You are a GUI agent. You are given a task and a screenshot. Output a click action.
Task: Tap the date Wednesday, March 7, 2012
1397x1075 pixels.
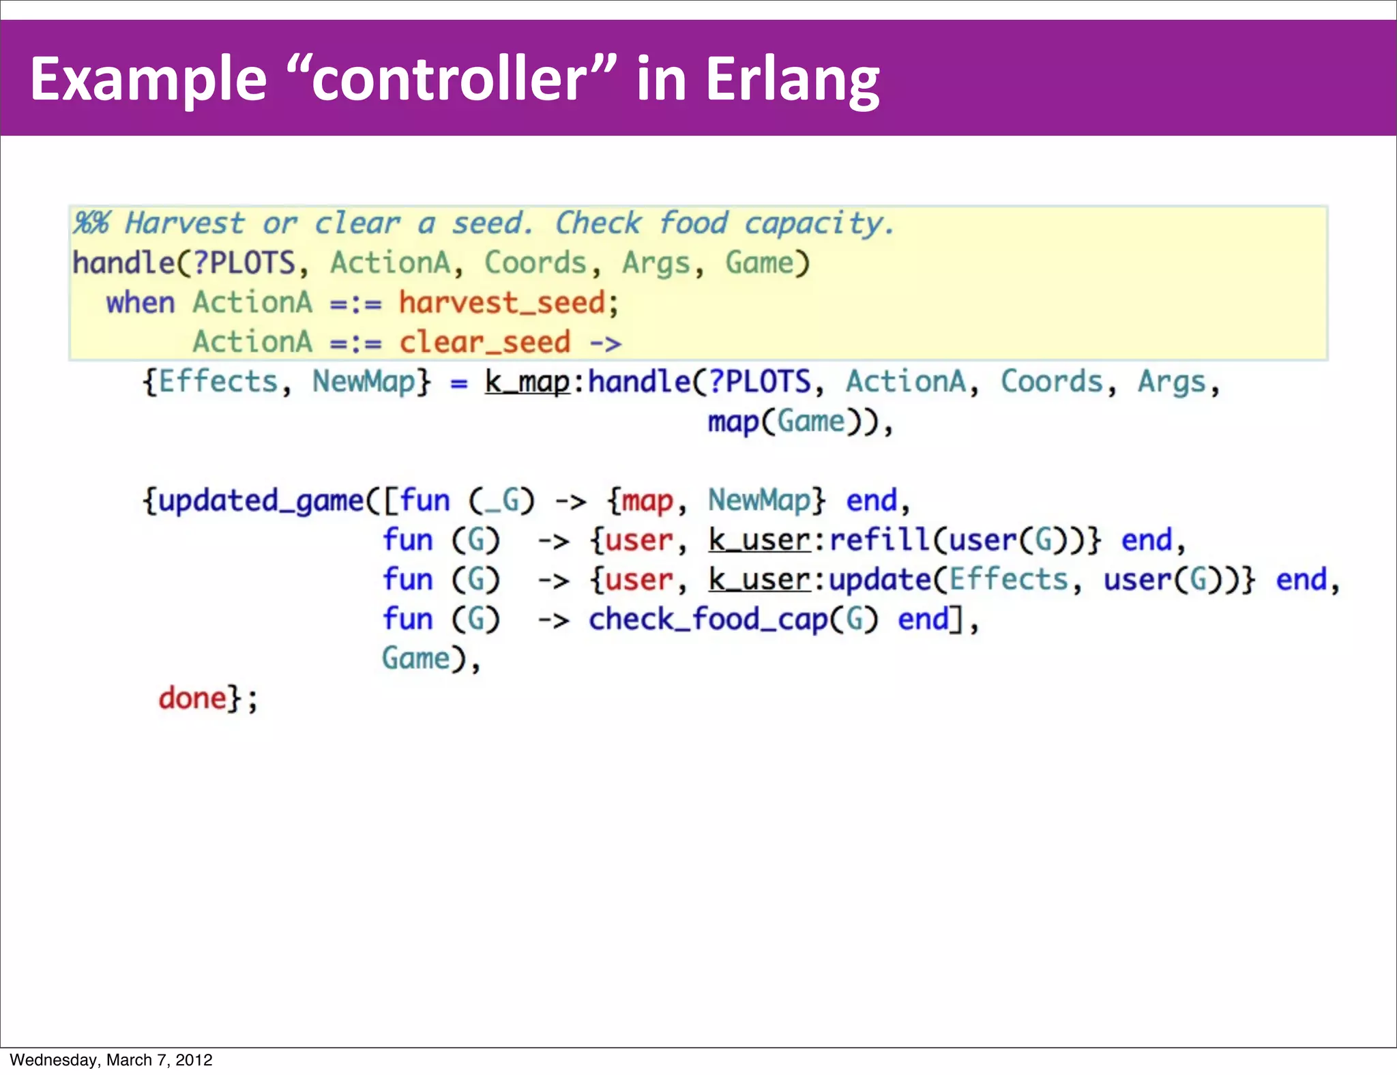point(111,1059)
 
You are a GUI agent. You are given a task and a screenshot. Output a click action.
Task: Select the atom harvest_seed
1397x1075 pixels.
point(501,302)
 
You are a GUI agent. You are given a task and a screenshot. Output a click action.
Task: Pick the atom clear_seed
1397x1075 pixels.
point(484,342)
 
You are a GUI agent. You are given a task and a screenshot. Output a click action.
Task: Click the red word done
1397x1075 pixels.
point(192,698)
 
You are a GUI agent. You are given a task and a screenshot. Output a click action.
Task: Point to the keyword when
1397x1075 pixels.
point(141,302)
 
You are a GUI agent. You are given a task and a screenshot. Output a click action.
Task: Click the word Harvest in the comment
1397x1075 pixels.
point(184,223)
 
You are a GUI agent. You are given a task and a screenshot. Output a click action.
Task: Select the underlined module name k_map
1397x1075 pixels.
point(527,381)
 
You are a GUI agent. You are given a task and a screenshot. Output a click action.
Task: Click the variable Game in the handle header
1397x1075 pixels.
point(759,263)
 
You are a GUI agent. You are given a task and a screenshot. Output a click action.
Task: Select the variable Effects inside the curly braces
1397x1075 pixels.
point(218,381)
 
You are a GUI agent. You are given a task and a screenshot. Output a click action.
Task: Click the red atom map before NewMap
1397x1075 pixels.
point(647,501)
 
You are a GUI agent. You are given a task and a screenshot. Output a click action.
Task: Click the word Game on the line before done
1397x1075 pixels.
point(415,659)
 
